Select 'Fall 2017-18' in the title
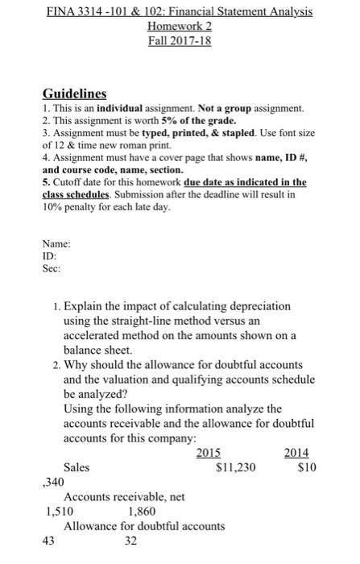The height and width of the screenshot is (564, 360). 180,40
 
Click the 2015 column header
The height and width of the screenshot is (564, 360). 210,453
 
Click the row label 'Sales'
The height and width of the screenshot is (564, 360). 77,467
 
